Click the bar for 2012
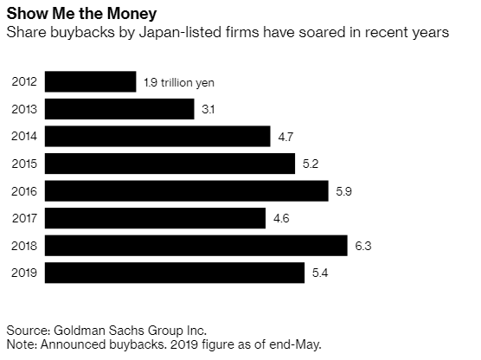[91, 81]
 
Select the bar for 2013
[119, 109]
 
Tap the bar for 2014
[157, 136]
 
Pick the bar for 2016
[187, 191]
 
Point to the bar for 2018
[196, 246]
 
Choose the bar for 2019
[175, 273]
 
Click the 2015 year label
[24, 164]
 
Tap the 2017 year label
[24, 219]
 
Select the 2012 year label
[24, 81]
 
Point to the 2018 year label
[24, 246]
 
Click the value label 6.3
[363, 246]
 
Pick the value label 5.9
[343, 191]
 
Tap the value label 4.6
[281, 219]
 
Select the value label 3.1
[208, 109]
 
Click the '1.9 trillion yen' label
[179, 82]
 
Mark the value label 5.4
[320, 273]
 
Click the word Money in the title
[131, 14]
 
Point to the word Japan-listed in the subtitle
[180, 33]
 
